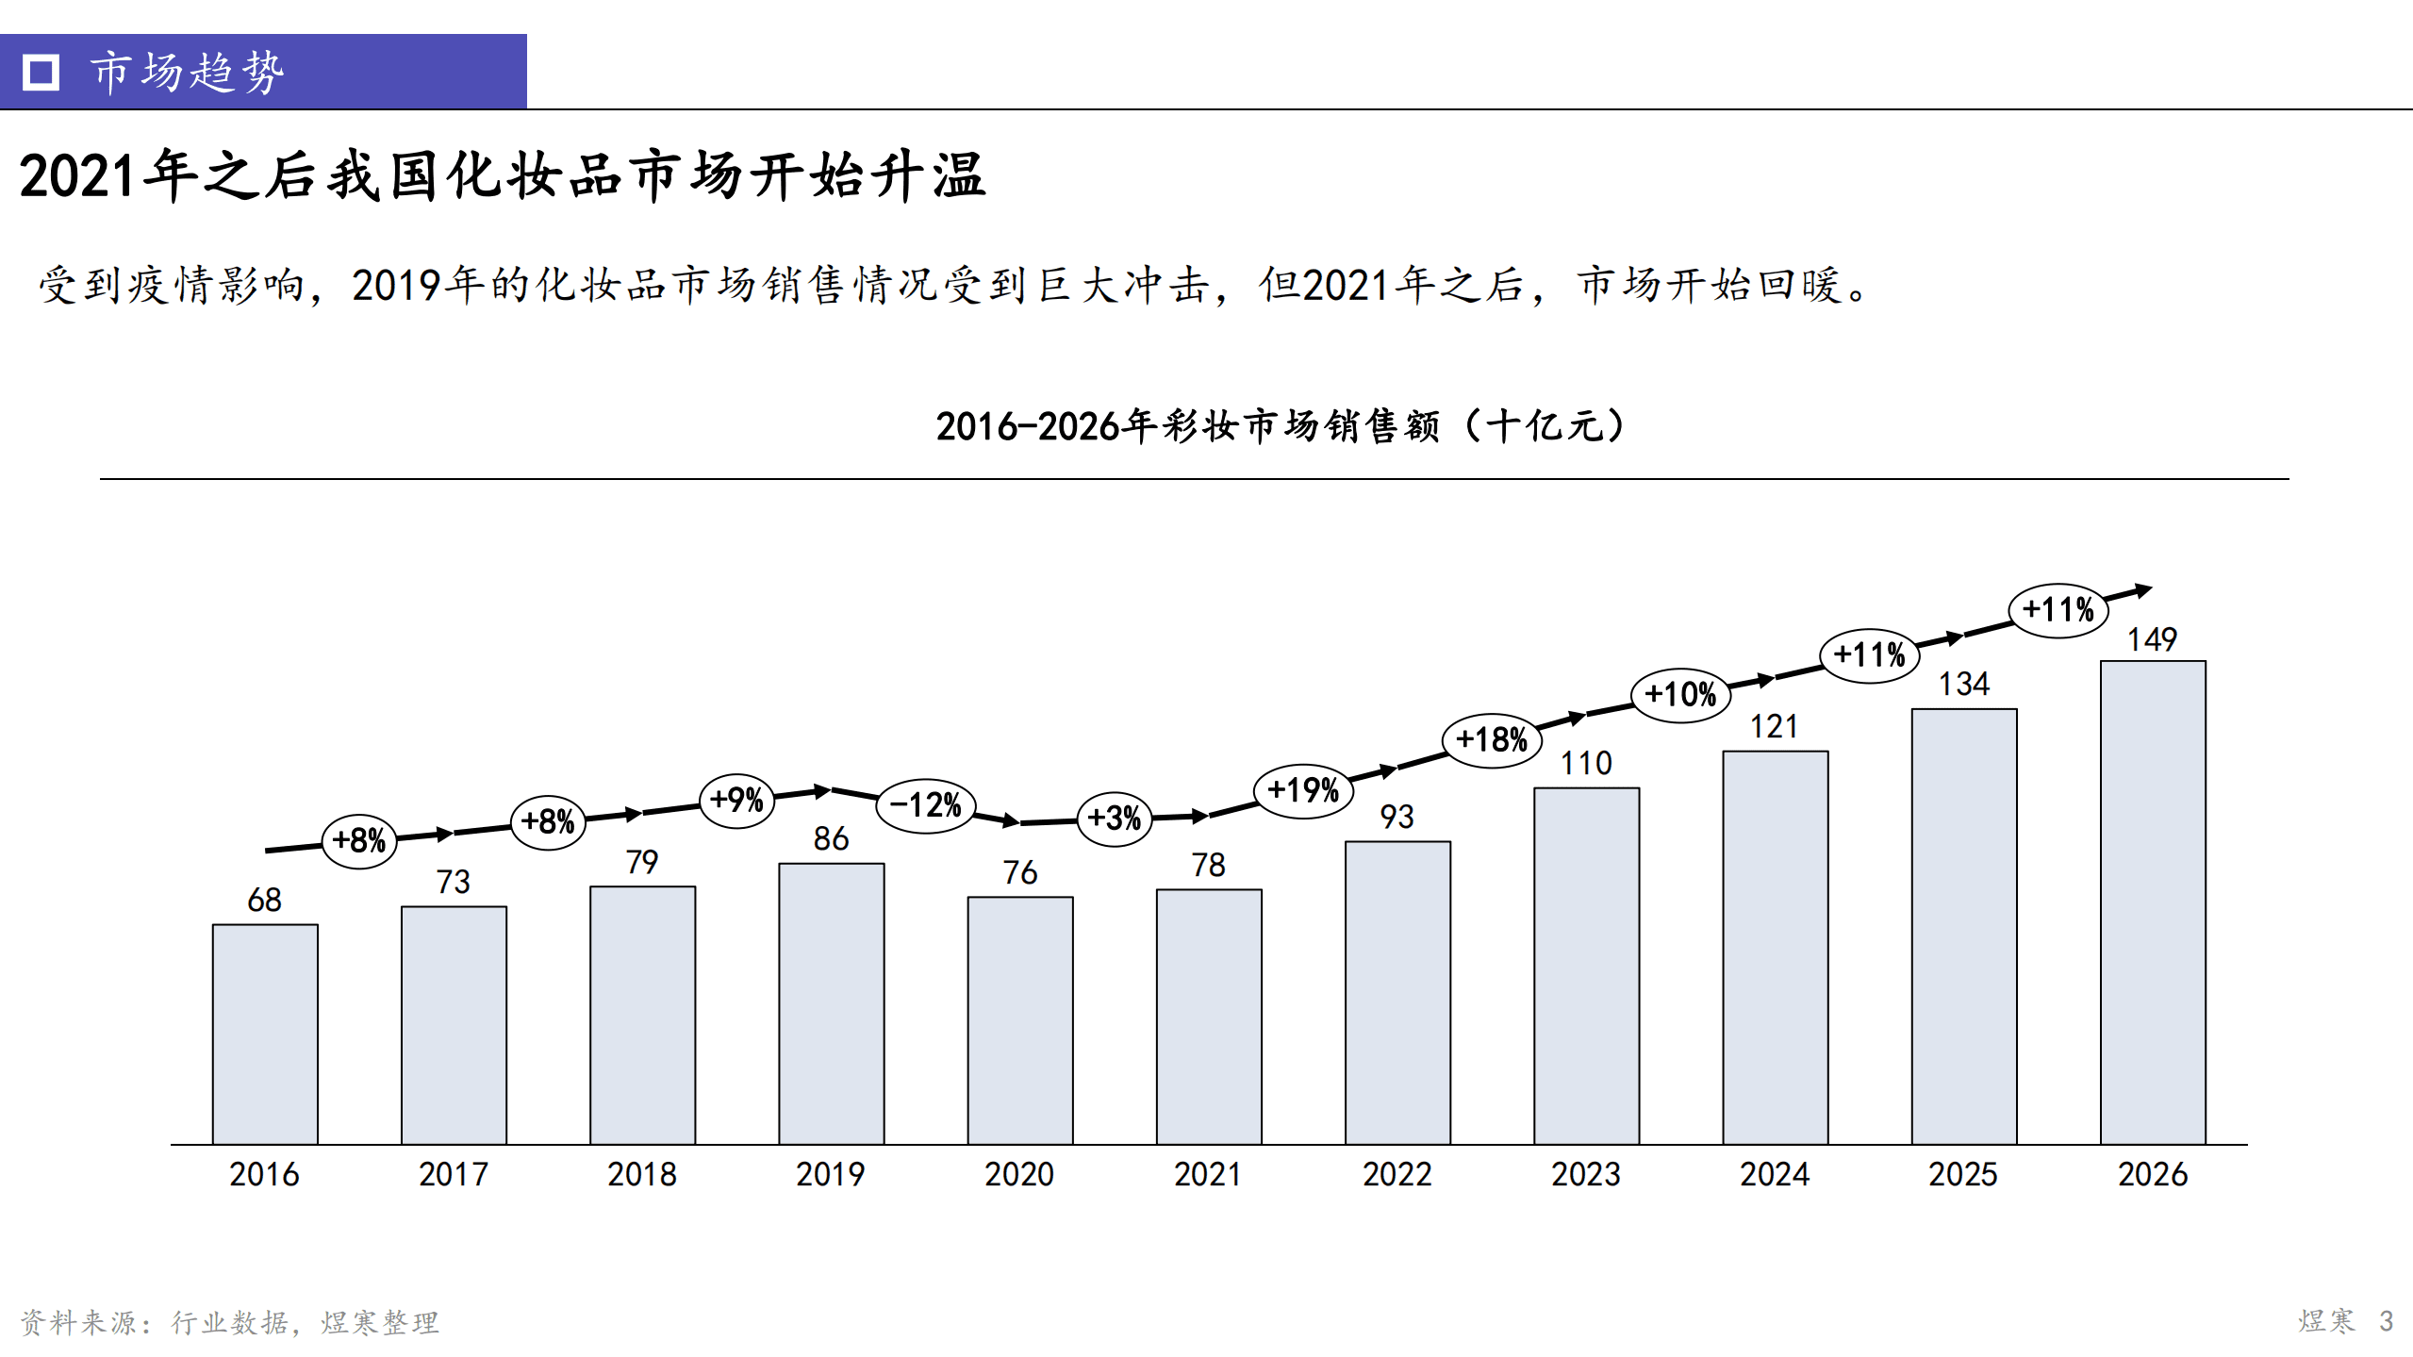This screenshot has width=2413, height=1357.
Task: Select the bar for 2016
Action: coord(265,1034)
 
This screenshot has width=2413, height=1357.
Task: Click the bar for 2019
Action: coord(831,1003)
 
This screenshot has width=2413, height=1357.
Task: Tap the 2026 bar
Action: coord(2152,902)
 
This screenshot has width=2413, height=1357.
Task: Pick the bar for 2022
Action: coord(1397,992)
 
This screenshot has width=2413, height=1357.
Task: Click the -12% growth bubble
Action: coord(926,805)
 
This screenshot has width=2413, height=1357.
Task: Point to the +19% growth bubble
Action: coord(1303,790)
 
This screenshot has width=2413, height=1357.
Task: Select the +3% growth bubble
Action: coord(1115,818)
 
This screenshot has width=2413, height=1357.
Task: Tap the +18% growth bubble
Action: coord(1492,739)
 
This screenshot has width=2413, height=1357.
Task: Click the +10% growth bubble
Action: coord(1680,695)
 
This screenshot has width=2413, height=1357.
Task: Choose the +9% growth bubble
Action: coord(736,801)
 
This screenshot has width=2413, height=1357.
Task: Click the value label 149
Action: coord(2152,640)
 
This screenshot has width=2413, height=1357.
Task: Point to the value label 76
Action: coord(1020,873)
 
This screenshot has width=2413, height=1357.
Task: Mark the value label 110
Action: coord(1586,764)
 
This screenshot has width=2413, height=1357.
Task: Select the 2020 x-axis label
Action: coord(1019,1175)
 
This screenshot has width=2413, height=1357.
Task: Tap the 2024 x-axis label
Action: coord(1775,1175)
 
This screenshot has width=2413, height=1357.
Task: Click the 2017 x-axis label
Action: coord(454,1175)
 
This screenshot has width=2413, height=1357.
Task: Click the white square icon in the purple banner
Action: coord(41,72)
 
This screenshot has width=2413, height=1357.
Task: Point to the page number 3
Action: coord(2386,1321)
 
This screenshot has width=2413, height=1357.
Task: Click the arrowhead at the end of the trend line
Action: coord(2143,590)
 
